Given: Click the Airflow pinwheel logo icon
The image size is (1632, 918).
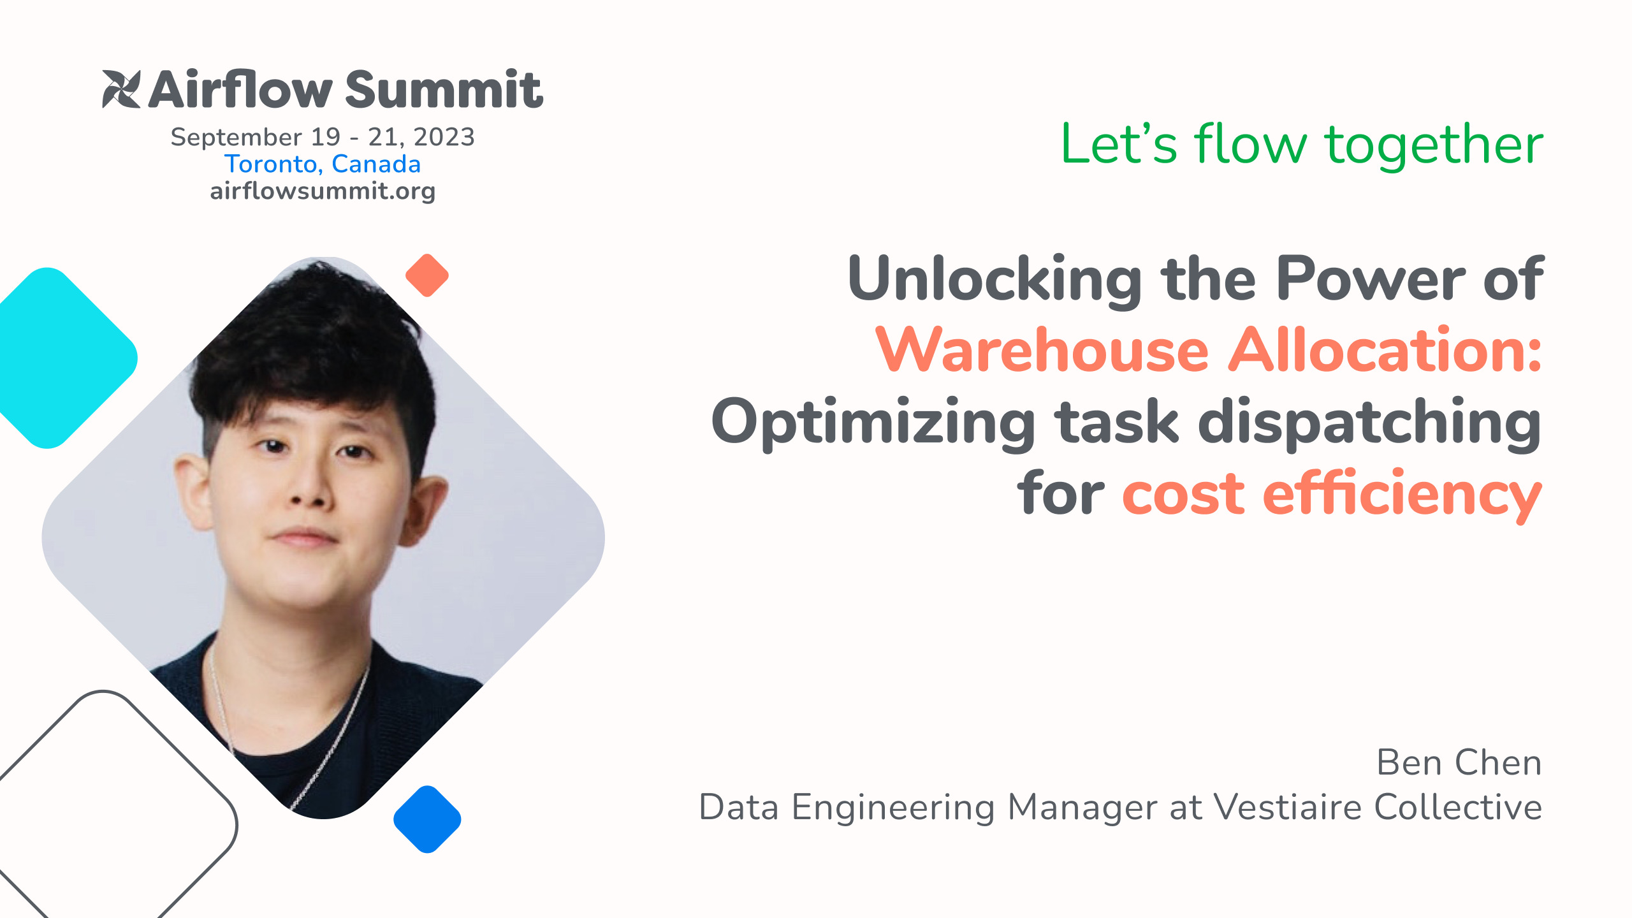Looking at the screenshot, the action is (121, 89).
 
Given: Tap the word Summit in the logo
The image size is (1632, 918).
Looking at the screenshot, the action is (444, 89).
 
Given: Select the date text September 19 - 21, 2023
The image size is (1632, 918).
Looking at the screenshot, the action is (323, 137).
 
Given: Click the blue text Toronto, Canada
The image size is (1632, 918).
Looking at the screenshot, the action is (323, 164).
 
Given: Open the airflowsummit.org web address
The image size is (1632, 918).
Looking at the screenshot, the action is (323, 191).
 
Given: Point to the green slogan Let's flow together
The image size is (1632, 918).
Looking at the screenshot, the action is (1302, 145).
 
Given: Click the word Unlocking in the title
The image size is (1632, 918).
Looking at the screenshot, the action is (995, 279).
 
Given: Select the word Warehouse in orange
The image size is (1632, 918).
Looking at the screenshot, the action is (1042, 350).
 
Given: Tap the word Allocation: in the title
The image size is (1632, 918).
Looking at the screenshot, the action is (1385, 350).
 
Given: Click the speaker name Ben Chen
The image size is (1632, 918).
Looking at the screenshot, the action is (1459, 762).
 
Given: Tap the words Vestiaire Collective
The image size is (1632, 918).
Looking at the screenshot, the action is (1378, 807).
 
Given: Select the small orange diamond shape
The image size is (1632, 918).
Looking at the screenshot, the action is (427, 275).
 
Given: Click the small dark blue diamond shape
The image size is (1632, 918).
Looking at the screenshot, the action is (427, 819).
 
